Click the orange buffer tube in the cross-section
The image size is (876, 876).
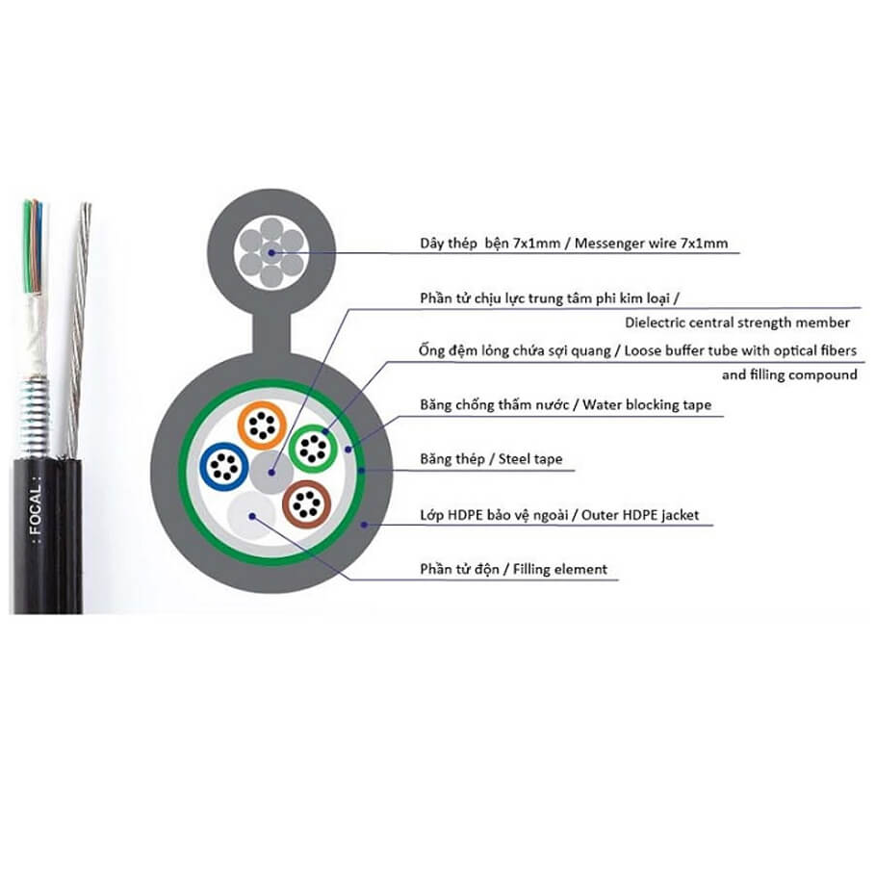click(262, 425)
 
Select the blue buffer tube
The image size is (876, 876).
click(224, 466)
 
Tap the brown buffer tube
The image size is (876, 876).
click(307, 503)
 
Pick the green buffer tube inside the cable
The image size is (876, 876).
click(313, 448)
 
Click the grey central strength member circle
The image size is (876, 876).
click(271, 473)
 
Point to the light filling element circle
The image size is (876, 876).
click(252, 516)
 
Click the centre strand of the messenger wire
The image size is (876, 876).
click(271, 252)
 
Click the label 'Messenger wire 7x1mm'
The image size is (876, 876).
click(651, 244)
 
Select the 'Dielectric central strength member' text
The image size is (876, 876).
click(736, 322)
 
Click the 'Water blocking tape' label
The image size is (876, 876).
click(647, 404)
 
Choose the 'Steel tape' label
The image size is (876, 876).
click(530, 459)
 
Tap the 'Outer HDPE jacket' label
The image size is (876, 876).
click(640, 515)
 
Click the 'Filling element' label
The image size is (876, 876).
click(560, 569)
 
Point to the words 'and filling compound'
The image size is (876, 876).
click(789, 374)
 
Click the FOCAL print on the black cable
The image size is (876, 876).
click(36, 510)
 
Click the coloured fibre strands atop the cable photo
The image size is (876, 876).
click(34, 245)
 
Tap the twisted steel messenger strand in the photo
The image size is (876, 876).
click(78, 329)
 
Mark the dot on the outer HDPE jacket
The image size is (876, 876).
click(364, 525)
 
